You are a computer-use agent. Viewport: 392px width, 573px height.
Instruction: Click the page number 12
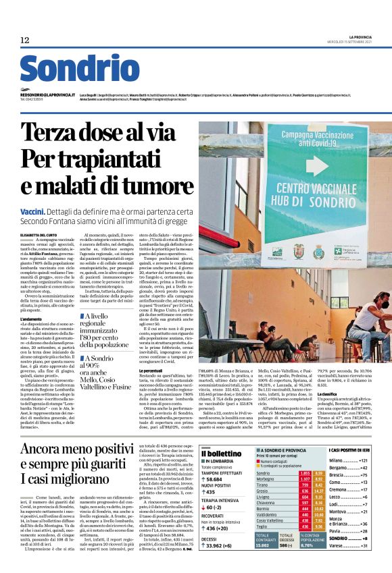pyautogui.click(x=25, y=40)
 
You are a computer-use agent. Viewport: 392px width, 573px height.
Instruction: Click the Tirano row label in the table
pyautogui.click(x=262, y=485)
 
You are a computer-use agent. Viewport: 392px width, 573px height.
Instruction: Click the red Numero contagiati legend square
pyautogui.click(x=259, y=461)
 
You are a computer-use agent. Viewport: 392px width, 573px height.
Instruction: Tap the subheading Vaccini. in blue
pyautogui.click(x=33, y=212)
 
